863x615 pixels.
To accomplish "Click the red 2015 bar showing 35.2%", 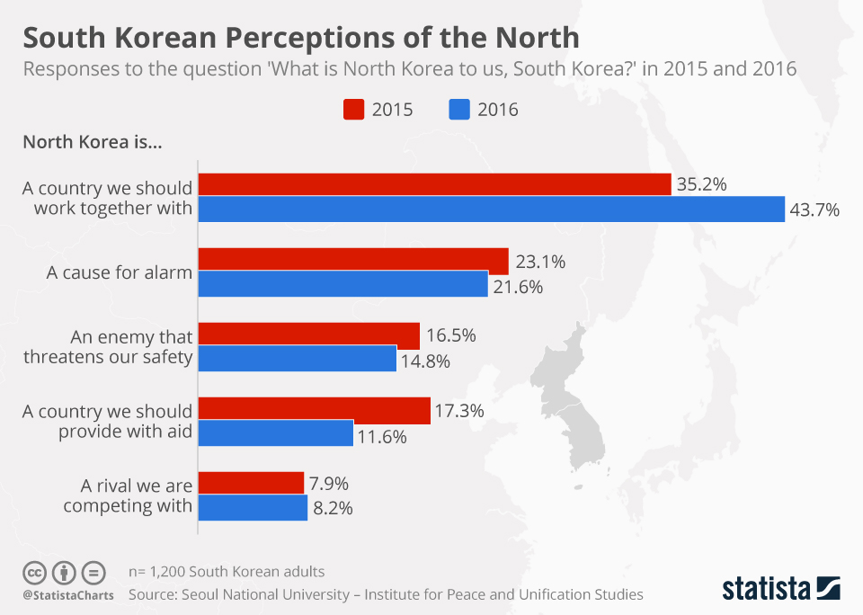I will pyautogui.click(x=434, y=184).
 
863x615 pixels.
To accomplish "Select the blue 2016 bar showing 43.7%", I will pyautogui.click(x=491, y=209).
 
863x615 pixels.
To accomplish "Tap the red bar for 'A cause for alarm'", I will pyautogui.click(x=352, y=261).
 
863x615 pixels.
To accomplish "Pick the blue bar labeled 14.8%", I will pyautogui.click(x=297, y=358).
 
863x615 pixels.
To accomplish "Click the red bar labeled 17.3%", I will pyautogui.click(x=314, y=410).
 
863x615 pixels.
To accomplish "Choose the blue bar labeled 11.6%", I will pyautogui.click(x=275, y=433).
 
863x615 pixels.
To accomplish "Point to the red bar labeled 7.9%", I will pyautogui.click(x=251, y=483).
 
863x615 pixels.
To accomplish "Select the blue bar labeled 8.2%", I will pyautogui.click(x=253, y=507).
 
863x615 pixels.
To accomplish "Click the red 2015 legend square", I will pyautogui.click(x=353, y=110).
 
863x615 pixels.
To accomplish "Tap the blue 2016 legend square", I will pyautogui.click(x=458, y=110).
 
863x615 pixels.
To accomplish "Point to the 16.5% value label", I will pyautogui.click(x=451, y=336).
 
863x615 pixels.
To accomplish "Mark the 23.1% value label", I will pyautogui.click(x=540, y=263).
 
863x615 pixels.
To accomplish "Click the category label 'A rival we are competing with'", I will pyautogui.click(x=128, y=495).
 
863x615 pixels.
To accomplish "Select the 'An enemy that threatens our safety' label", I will pyautogui.click(x=131, y=347).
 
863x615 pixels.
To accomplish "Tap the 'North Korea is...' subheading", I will pyautogui.click(x=92, y=142).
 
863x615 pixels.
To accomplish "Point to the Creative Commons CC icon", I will pyautogui.click(x=34, y=573).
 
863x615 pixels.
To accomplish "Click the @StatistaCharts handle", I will pyautogui.click(x=68, y=595).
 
